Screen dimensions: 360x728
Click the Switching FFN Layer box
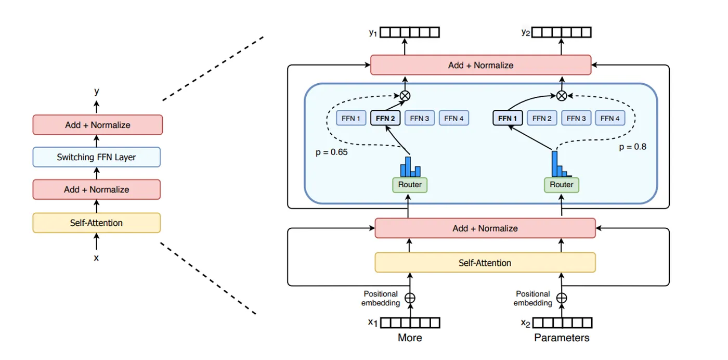tap(96, 157)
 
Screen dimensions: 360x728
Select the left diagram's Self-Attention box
tap(96, 223)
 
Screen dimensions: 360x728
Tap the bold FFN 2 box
tap(385, 118)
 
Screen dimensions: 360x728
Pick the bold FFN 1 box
tap(508, 118)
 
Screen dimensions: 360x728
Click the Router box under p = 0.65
tap(409, 185)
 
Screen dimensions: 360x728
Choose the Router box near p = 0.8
tap(562, 185)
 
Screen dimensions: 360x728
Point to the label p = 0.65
tap(332, 152)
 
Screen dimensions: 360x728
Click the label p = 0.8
tap(632, 147)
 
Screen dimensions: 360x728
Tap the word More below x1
tap(410, 338)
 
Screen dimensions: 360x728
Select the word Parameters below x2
tap(562, 338)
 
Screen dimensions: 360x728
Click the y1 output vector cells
tap(410, 33)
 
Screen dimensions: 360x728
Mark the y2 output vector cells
tap(562, 33)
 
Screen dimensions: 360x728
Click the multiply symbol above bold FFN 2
tap(405, 95)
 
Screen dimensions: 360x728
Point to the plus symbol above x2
tap(562, 298)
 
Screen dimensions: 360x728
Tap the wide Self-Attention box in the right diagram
tap(485, 263)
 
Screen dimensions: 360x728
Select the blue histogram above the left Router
tap(410, 167)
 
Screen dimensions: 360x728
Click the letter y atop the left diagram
tap(96, 91)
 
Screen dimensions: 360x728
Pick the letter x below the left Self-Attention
tap(96, 257)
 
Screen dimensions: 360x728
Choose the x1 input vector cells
tap(410, 323)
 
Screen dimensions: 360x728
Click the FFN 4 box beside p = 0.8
tap(610, 118)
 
